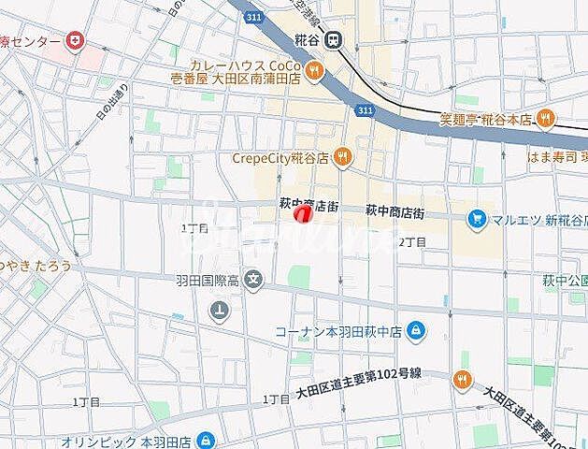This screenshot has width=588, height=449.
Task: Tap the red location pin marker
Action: [x=302, y=215]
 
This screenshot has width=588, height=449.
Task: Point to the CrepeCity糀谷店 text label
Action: [x=280, y=158]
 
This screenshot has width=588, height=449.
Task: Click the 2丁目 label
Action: [x=412, y=241]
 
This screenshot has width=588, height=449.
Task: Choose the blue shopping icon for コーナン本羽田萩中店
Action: [x=415, y=330]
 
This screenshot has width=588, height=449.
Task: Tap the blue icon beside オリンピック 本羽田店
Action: [x=206, y=441]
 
